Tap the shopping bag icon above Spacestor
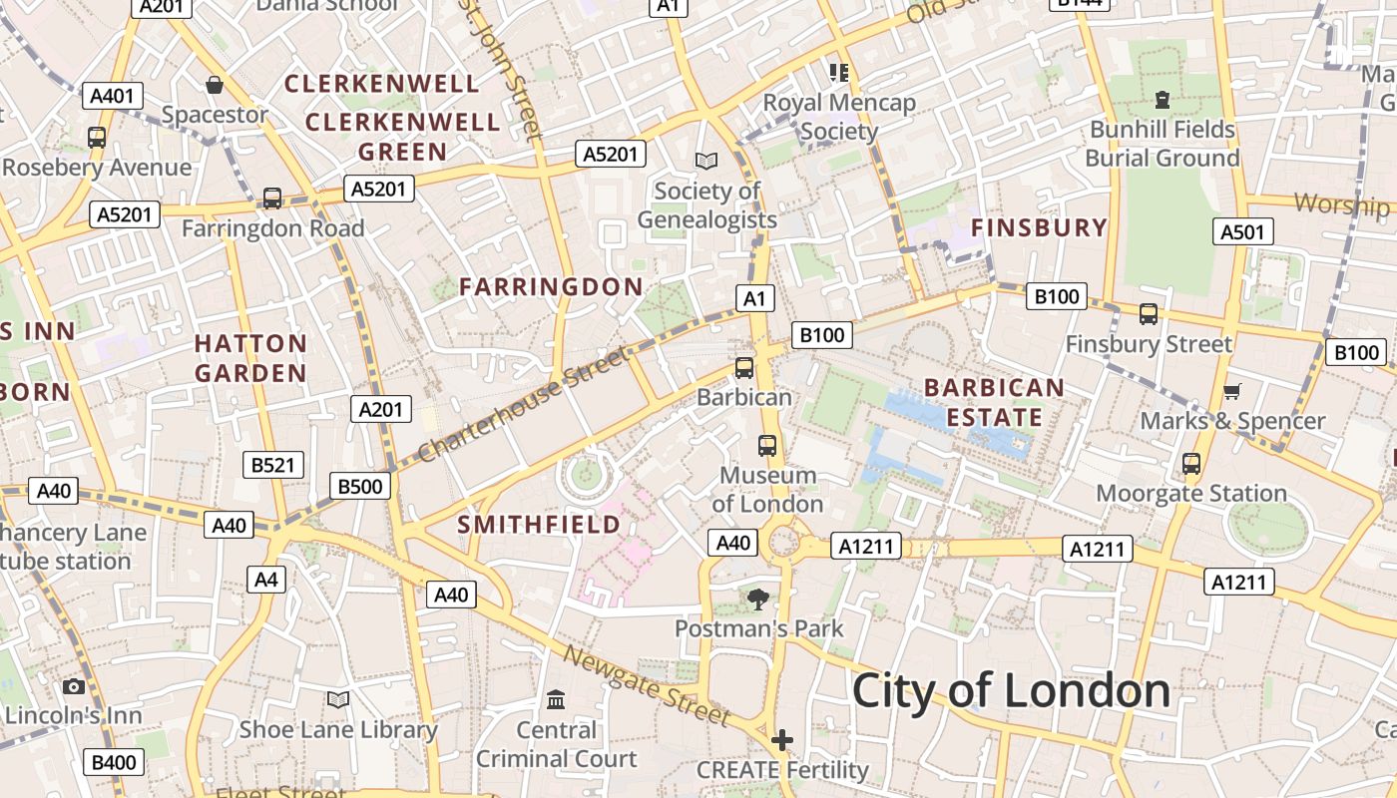point(214,85)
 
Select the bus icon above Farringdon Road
point(271,199)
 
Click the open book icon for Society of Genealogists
point(706,161)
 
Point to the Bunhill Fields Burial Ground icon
point(1162,100)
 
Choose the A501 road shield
point(1244,232)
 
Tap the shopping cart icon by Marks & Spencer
point(1232,391)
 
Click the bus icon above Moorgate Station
point(1190,464)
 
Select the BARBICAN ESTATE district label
point(994,402)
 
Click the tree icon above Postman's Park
point(758,598)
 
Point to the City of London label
point(1011,690)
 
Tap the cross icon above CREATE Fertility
point(782,740)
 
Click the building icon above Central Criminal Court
point(556,699)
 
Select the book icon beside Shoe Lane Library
point(338,700)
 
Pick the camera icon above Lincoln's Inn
point(73,686)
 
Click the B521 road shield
point(273,465)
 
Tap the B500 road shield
point(360,487)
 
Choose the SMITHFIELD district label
point(539,524)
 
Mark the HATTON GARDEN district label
point(250,358)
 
